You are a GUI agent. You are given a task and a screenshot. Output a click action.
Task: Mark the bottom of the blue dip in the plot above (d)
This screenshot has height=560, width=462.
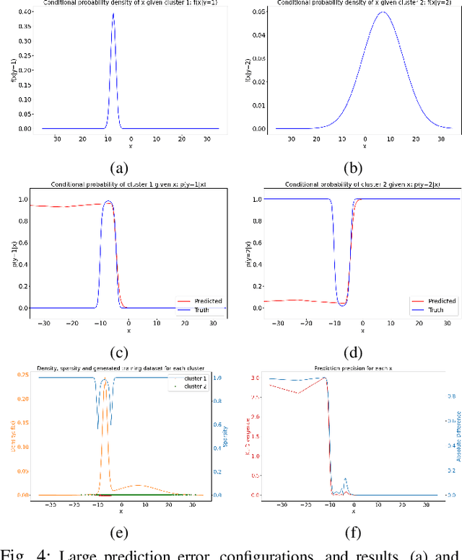point(342,304)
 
